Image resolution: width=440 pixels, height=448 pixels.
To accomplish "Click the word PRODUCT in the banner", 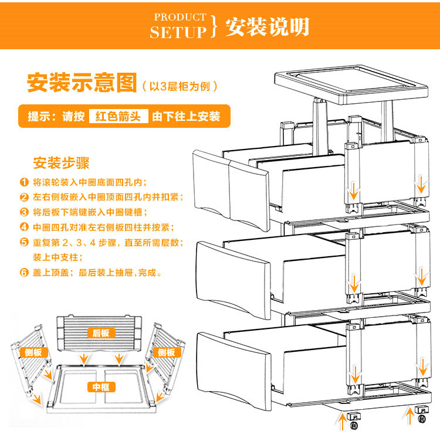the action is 180,18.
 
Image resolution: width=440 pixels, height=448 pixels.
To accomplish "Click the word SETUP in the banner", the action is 178,32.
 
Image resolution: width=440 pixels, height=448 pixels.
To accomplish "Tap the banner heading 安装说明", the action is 267,26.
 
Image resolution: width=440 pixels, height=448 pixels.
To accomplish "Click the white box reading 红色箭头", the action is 118,116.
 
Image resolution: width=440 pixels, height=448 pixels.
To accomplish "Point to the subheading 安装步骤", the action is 62,162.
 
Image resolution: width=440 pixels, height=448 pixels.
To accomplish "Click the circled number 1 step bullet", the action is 24,182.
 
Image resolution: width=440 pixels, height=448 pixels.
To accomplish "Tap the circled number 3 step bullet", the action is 24,212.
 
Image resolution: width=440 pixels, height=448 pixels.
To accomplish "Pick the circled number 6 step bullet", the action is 24,273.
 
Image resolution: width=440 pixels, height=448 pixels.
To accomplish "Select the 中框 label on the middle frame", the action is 101,387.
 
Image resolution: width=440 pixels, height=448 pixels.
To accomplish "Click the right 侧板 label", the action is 166,352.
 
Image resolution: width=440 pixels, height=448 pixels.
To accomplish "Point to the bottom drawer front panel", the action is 235,369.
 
